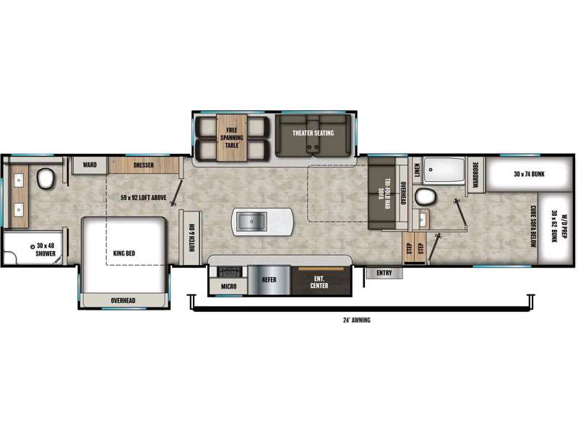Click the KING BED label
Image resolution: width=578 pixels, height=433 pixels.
click(125, 253)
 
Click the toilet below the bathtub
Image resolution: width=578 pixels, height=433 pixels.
click(427, 196)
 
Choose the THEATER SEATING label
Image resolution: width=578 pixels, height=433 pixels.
click(311, 134)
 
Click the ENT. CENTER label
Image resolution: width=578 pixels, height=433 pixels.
click(319, 281)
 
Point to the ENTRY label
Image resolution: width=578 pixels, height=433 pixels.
click(384, 273)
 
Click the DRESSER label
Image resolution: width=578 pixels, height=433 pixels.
click(143, 165)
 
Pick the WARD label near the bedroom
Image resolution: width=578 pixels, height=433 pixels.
click(90, 165)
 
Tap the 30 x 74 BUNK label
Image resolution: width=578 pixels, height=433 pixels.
click(530, 175)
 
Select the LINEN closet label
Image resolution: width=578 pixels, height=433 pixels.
click(418, 170)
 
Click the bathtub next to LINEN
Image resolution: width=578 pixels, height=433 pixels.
click(445, 171)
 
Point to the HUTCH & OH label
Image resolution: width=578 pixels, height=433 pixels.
click(193, 234)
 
